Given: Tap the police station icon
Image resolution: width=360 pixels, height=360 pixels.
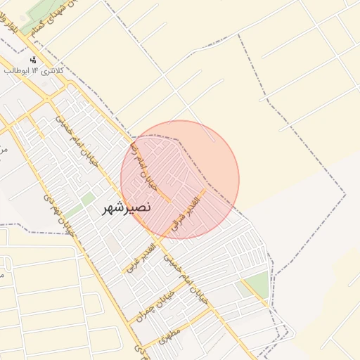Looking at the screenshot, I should (33, 60).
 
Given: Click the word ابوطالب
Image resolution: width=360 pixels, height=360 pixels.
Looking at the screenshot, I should (18, 71).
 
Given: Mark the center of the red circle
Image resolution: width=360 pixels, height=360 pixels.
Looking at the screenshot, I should (180, 179).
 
